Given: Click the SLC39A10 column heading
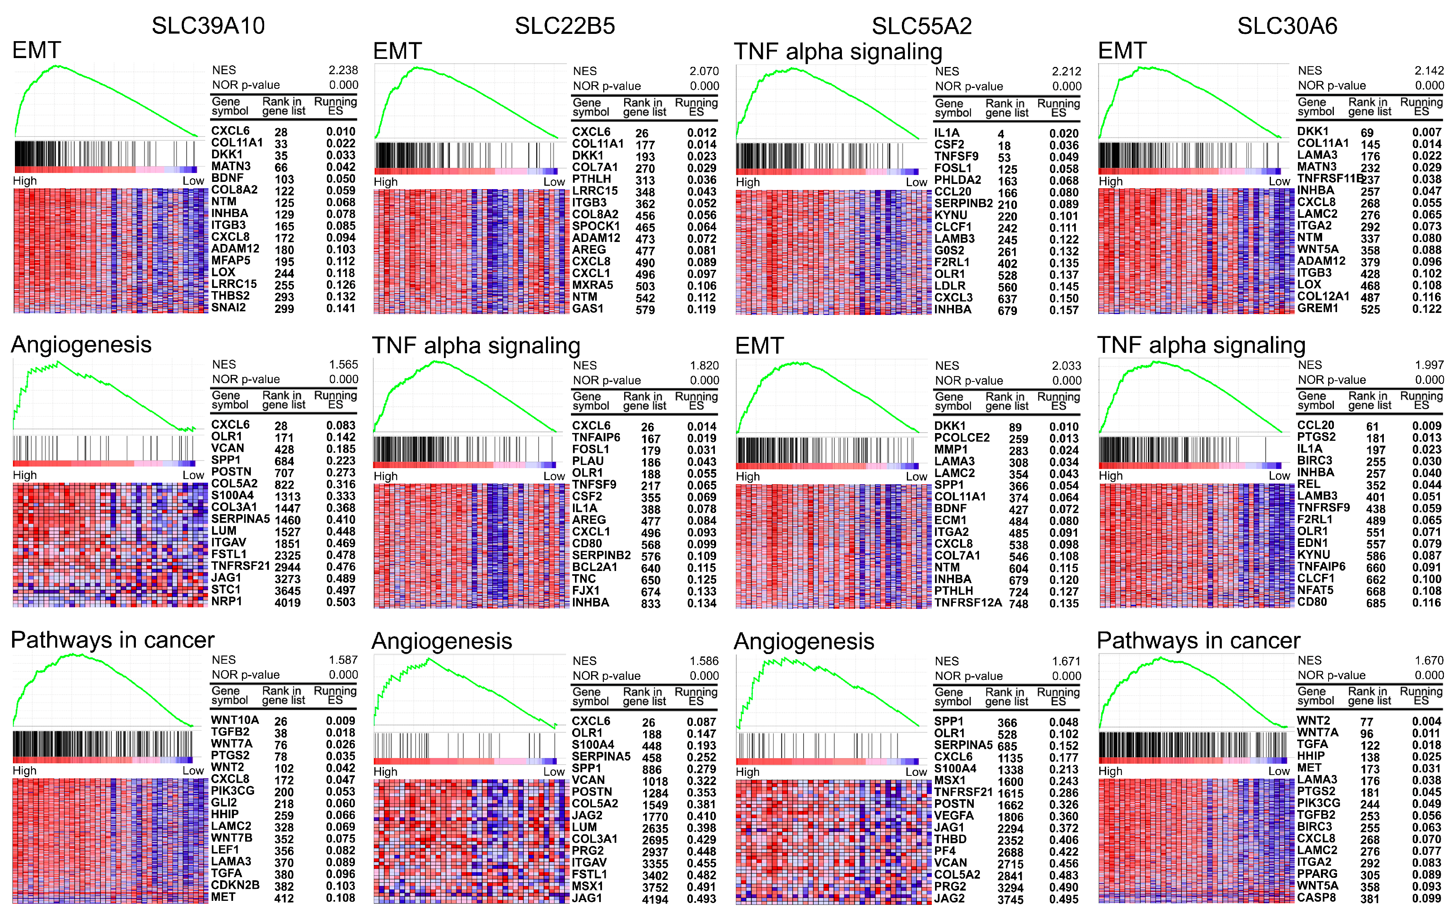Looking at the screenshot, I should [x=208, y=26].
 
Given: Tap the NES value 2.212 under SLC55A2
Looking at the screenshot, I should [x=1066, y=71].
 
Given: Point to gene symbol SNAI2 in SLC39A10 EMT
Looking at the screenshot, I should [x=229, y=307].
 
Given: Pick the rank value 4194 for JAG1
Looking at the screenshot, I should [x=655, y=899].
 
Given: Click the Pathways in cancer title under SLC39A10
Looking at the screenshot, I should [x=112, y=640].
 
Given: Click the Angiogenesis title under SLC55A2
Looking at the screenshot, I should [x=804, y=641].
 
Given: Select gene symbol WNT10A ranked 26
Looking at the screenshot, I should [x=235, y=720].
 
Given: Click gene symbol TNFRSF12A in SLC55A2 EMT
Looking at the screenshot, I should [x=967, y=602].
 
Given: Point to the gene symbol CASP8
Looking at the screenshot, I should [x=1316, y=898].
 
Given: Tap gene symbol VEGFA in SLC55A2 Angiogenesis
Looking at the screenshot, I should [x=954, y=815].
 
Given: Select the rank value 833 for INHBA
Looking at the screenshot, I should [x=651, y=603].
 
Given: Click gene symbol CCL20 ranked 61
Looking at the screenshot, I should [x=1315, y=425].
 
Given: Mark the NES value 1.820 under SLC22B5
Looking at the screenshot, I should [x=704, y=365].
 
